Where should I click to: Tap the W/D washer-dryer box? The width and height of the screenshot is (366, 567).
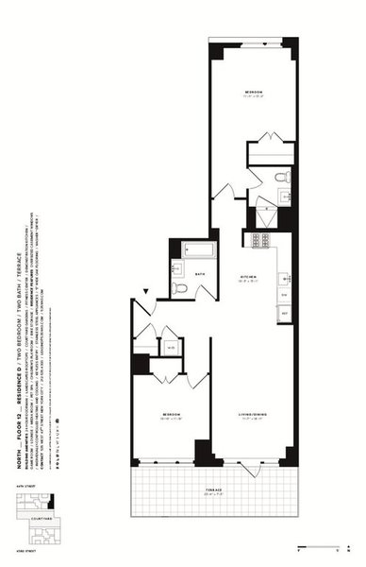coord(171,347)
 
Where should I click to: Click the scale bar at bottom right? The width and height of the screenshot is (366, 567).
coord(321,546)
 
